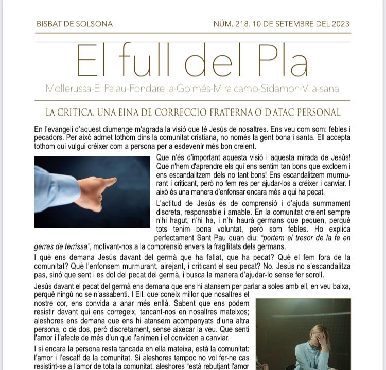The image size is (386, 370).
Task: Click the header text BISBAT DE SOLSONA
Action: click(x=74, y=24)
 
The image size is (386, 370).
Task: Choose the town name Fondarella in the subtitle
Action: click(x=151, y=89)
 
